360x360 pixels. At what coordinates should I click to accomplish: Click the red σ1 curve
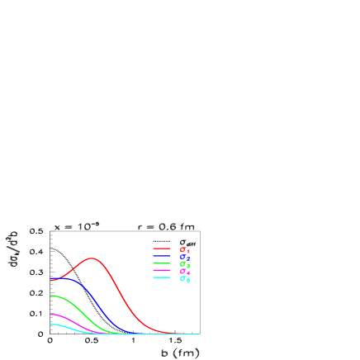click(x=116, y=277)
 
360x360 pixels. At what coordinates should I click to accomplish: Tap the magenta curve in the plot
click(x=69, y=320)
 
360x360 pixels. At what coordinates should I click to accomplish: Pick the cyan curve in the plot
click(x=66, y=327)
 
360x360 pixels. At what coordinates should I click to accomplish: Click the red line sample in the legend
click(x=161, y=249)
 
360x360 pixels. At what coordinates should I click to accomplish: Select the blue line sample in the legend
click(x=161, y=257)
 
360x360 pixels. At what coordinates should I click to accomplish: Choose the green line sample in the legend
click(x=161, y=263)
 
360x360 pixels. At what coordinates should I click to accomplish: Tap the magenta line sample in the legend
click(x=161, y=271)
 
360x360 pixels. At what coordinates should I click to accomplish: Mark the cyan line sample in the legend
click(x=161, y=277)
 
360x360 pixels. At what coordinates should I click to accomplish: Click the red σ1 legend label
click(x=184, y=249)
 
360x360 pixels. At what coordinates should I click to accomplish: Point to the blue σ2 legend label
click(x=184, y=258)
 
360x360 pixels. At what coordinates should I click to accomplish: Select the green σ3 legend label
click(x=184, y=264)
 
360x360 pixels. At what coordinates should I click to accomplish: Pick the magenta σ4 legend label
click(x=184, y=272)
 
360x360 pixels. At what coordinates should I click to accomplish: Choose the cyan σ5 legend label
click(x=184, y=279)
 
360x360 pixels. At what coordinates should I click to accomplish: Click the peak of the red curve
click(x=92, y=258)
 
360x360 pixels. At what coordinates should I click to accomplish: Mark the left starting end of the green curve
click(x=50, y=296)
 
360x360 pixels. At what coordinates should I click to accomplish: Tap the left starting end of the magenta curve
click(x=50, y=315)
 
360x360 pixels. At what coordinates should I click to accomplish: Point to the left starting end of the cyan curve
click(x=50, y=324)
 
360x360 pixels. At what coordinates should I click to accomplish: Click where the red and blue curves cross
click(x=59, y=278)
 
